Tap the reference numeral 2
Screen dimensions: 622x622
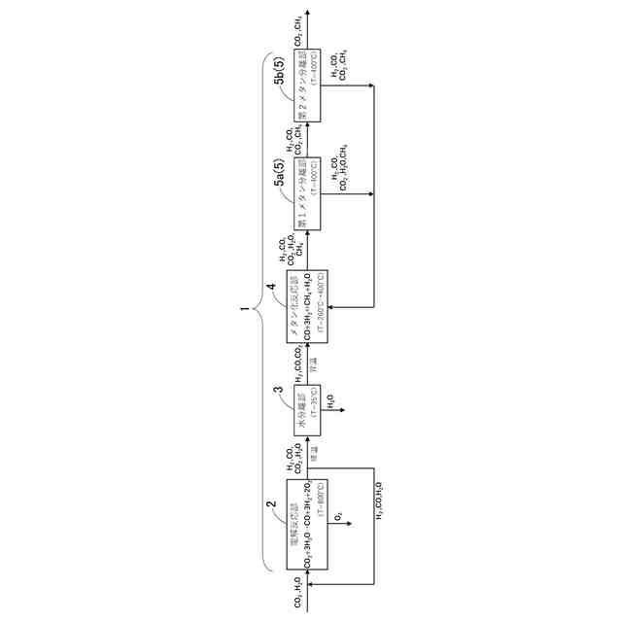(x=272, y=504)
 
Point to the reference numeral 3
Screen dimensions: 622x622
(x=278, y=390)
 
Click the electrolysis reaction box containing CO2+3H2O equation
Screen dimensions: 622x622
(x=307, y=526)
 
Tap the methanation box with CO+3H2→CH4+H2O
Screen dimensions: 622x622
(x=307, y=306)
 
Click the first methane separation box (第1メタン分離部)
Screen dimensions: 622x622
(x=307, y=193)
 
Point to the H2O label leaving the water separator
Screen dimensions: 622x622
(x=331, y=398)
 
